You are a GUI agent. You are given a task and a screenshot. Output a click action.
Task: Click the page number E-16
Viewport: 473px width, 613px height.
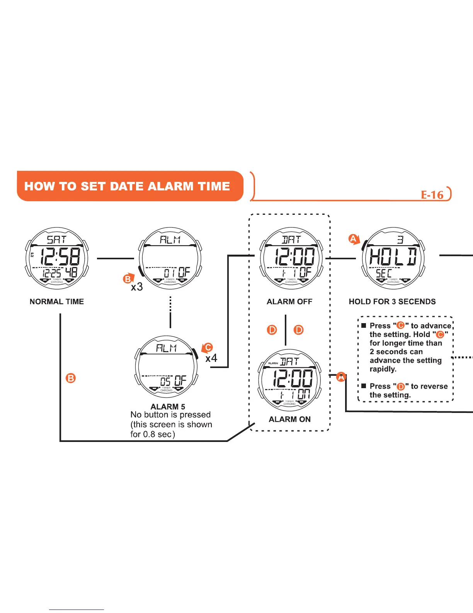coord(432,195)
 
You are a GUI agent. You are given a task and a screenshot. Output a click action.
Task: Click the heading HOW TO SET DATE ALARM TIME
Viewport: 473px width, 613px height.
coord(127,186)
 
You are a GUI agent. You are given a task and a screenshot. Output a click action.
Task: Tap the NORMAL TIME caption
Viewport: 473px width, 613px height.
coord(56,301)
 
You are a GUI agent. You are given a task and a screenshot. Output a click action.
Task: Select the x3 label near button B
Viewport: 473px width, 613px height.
coord(137,287)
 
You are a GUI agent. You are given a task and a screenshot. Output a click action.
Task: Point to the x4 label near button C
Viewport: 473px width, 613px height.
coord(211,358)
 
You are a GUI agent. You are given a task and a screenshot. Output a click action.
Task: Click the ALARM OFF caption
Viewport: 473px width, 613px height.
coord(289,301)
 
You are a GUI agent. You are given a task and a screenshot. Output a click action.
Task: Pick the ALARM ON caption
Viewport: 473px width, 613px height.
coord(289,419)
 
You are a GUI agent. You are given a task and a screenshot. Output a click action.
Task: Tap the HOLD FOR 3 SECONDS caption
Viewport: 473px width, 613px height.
coord(392,301)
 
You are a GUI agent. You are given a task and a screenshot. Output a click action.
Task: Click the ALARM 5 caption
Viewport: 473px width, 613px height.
coord(168,406)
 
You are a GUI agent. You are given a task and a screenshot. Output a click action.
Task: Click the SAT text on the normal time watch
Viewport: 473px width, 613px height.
coord(56,240)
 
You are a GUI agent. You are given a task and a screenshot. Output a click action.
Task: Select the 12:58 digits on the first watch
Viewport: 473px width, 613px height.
coord(60,256)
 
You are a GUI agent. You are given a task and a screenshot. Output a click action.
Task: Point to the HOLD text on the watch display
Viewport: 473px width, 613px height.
coord(393,256)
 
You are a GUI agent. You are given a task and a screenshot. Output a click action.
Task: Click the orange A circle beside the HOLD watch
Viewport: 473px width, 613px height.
coord(353,239)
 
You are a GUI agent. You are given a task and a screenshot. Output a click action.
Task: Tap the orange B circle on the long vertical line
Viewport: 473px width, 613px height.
coord(71,378)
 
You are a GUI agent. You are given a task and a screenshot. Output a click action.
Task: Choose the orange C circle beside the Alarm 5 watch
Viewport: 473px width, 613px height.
coord(208,347)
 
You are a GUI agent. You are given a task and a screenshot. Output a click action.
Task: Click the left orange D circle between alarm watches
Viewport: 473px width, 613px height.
coord(272,330)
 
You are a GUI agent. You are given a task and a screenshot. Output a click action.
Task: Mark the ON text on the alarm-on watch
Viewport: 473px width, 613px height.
coord(304,394)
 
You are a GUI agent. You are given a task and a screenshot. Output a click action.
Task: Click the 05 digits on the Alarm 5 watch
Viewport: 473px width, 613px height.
coord(165,381)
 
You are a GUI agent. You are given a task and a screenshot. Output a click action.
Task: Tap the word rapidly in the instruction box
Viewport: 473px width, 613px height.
coord(383,369)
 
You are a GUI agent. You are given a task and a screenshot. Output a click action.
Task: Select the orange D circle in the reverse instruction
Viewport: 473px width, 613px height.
coord(401,386)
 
